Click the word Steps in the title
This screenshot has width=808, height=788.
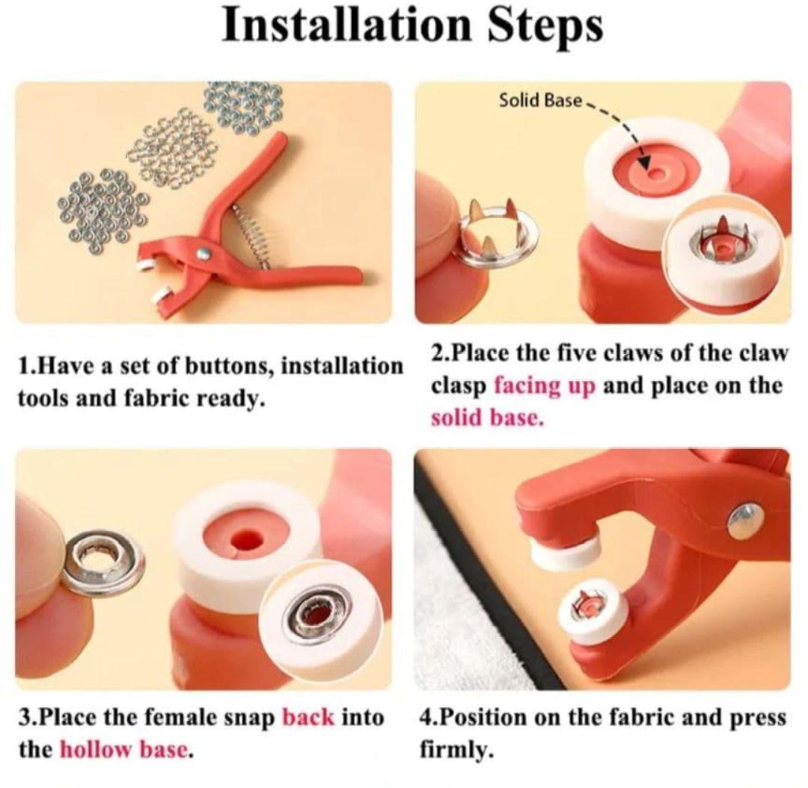(545, 27)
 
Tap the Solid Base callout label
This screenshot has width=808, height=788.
(540, 100)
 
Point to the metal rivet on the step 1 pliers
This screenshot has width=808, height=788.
(205, 252)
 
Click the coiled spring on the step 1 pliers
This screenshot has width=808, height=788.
(252, 235)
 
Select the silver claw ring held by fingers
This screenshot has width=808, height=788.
(498, 233)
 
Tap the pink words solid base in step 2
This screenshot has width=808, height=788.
(487, 418)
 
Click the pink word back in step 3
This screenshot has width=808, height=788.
(308, 717)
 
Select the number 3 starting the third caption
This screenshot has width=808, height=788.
(22, 718)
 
